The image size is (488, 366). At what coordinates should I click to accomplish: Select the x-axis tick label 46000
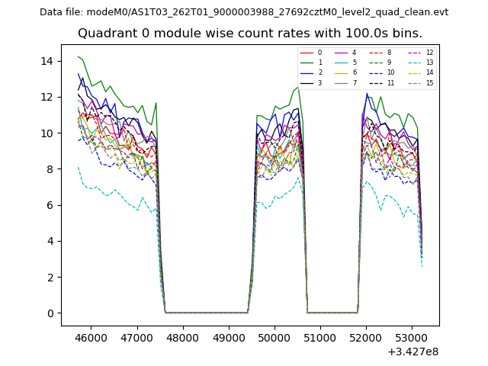pos(91,336)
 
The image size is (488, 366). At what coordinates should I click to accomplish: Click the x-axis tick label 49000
pos(229,336)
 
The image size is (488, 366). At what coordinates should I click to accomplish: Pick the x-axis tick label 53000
pos(412,336)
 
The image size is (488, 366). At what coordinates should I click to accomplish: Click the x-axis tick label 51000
pos(320,336)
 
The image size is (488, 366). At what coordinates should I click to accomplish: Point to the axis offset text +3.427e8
pos(413,352)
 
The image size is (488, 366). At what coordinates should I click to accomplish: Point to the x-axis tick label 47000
pos(137,336)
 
